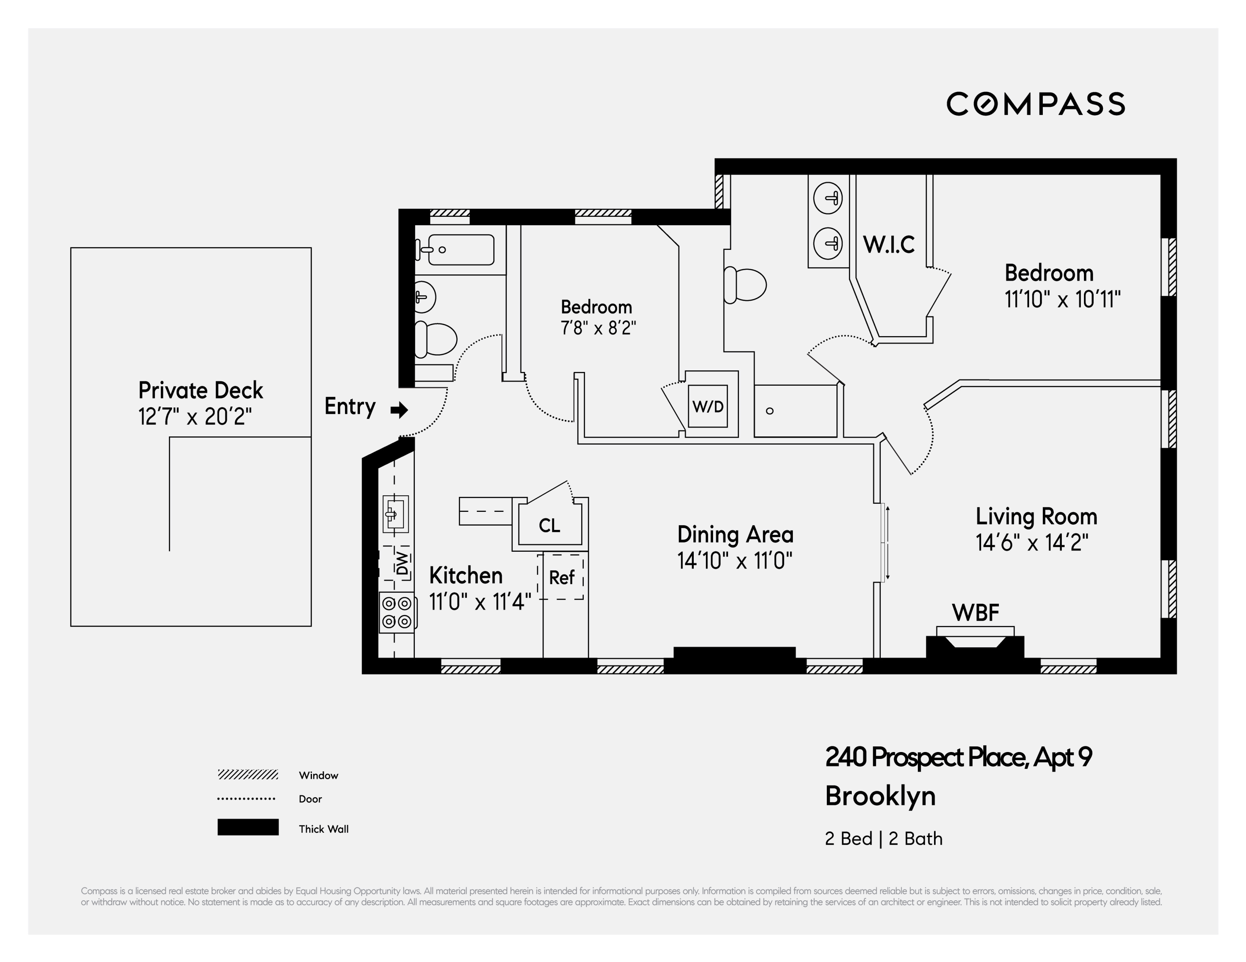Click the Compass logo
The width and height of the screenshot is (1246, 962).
pos(1036,104)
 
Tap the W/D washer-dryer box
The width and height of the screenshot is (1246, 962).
pos(707,406)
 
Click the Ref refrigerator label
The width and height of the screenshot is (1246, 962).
pos(562,578)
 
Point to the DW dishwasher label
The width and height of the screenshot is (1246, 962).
pos(403,563)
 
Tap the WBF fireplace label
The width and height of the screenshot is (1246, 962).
pos(976,613)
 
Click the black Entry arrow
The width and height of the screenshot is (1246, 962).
pos(399,409)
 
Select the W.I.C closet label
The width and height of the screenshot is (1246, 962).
pos(889,245)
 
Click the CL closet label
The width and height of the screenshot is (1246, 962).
pos(549,525)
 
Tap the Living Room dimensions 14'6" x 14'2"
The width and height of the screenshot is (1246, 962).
pos(1032,542)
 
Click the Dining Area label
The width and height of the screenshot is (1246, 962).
pos(735,534)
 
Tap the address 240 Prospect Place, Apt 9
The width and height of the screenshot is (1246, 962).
pos(959,757)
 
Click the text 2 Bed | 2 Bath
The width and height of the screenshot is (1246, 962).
pos(884,838)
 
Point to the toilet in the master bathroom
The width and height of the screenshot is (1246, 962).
pos(745,285)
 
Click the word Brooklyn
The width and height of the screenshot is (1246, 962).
pos(880,796)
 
